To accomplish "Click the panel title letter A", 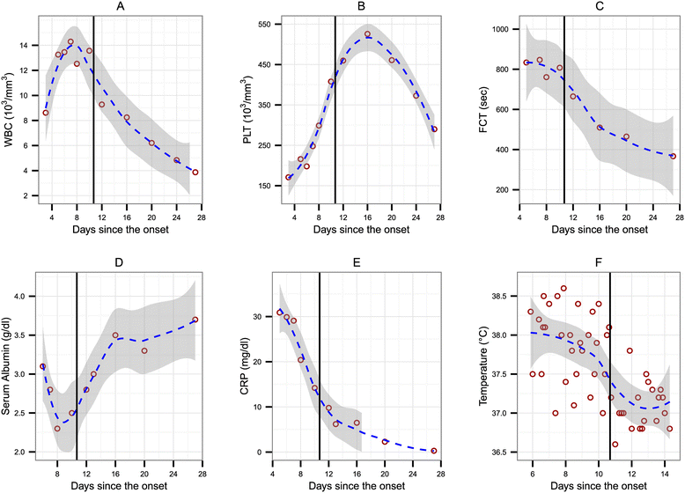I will coord(119,8).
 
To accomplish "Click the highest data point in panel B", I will coord(367,34).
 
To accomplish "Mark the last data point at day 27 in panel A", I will coord(195,173).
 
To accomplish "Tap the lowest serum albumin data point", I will coord(57,429).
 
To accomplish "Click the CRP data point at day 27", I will coord(426,451).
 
